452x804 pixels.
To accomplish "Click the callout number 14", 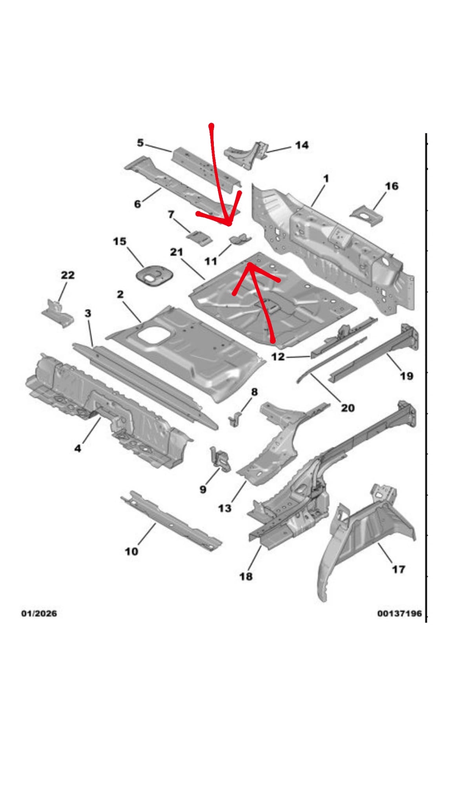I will pyautogui.click(x=301, y=145).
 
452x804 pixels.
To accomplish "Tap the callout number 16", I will pyautogui.click(x=392, y=186).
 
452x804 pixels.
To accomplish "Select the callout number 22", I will pyautogui.click(x=67, y=275).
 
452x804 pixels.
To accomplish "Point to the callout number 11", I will pyautogui.click(x=211, y=261).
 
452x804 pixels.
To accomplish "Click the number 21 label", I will pyautogui.click(x=176, y=252).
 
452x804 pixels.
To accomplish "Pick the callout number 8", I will pyautogui.click(x=254, y=392).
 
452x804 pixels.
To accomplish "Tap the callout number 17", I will pyautogui.click(x=398, y=569).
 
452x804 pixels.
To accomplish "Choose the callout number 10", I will pyautogui.click(x=131, y=551).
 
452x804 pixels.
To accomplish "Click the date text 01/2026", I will pyautogui.click(x=39, y=613).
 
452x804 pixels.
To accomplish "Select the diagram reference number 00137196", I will pyautogui.click(x=399, y=613).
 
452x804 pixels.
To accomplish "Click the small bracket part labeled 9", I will pyautogui.click(x=221, y=459).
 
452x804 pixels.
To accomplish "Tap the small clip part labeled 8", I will pyautogui.click(x=235, y=419).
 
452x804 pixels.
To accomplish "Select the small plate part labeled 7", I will pyautogui.click(x=199, y=238).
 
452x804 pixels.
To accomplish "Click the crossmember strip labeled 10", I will pyautogui.click(x=171, y=520).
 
